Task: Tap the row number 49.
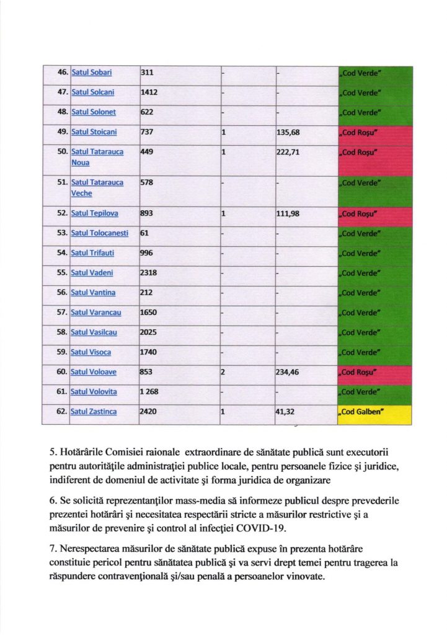coord(62,132)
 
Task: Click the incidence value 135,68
coord(290,132)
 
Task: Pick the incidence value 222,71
coord(290,152)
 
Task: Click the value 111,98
coord(290,213)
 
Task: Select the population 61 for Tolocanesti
coord(145,233)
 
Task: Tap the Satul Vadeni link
coord(92,273)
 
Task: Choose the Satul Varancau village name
coord(96,313)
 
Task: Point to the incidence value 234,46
coord(290,372)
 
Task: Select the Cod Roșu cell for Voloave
coord(374,373)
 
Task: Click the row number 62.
coord(62,412)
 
